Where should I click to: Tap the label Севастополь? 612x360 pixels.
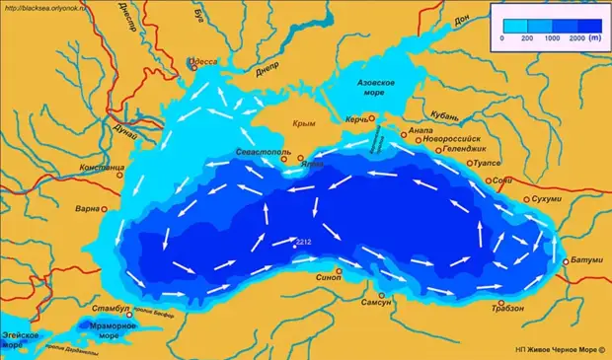(x=261, y=154)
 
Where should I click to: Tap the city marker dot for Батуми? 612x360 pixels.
(x=566, y=262)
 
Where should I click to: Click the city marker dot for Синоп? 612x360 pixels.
(x=339, y=270)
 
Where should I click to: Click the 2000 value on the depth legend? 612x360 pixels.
(x=579, y=36)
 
